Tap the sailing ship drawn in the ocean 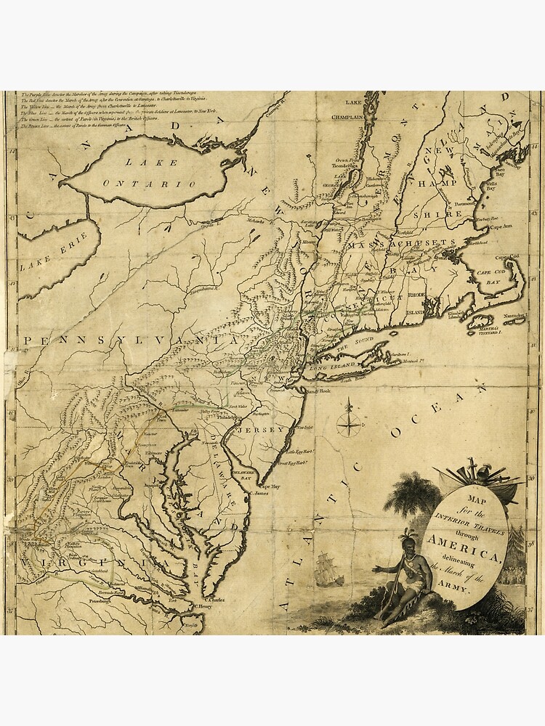pyautogui.click(x=328, y=571)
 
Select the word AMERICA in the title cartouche pyautogui.click(x=464, y=546)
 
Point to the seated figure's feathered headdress pyautogui.click(x=407, y=535)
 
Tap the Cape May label pyautogui.click(x=270, y=487)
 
